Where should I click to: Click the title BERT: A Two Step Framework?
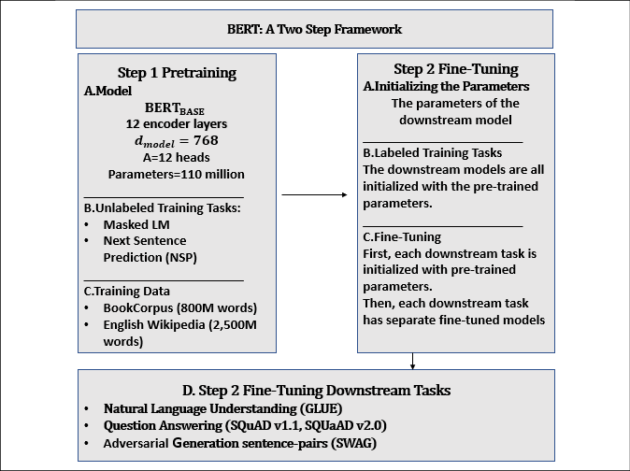(314, 29)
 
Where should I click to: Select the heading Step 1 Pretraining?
(177, 73)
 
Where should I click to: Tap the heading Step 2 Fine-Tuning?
(456, 69)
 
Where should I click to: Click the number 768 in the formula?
(206, 140)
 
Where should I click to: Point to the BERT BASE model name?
(175, 108)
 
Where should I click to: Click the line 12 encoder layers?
(177, 123)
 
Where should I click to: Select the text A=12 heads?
(177, 157)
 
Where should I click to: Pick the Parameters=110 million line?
(177, 174)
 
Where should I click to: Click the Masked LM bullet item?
(136, 224)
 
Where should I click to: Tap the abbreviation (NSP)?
(180, 257)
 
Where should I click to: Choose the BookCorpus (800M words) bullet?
(180, 307)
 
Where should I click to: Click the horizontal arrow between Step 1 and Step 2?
(314, 194)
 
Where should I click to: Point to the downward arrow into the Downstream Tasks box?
(412, 361)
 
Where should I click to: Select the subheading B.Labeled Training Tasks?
(433, 152)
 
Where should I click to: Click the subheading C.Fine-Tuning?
(402, 237)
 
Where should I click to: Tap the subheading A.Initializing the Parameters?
(446, 86)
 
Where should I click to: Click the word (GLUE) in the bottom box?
(321, 408)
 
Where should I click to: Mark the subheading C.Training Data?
(126, 291)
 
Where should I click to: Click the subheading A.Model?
(107, 91)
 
